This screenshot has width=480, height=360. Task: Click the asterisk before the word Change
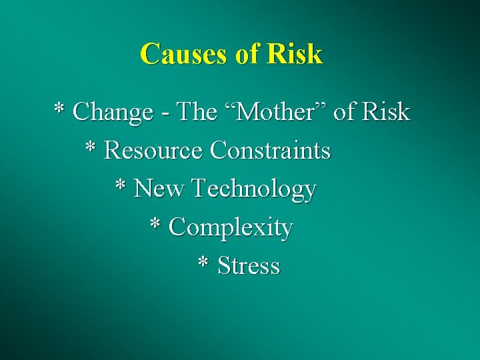[59, 108]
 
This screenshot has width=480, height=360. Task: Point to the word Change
[113, 113]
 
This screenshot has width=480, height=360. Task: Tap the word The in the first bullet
[198, 112]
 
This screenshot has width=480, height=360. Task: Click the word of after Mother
[344, 112]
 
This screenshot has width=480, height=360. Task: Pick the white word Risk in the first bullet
[386, 112]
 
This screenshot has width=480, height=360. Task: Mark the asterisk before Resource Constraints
[91, 147]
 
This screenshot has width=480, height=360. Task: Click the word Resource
[153, 151]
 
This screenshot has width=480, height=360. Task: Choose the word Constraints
[270, 151]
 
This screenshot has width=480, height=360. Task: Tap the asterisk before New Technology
[121, 185]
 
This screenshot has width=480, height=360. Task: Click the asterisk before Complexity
[155, 223]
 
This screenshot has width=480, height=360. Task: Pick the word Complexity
[231, 229]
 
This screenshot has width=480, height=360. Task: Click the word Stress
[249, 266]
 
